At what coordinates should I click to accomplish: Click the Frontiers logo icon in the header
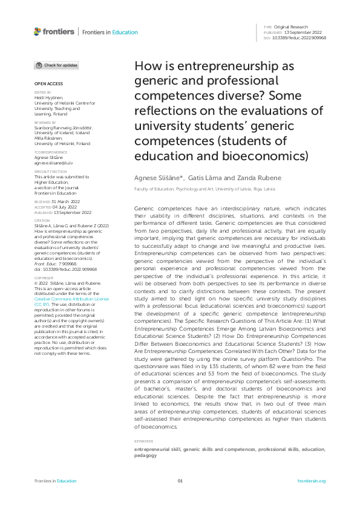click(38, 31)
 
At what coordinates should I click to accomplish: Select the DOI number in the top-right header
click(300, 37)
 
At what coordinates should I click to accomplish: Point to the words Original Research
click(292, 27)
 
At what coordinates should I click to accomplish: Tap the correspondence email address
click(53, 163)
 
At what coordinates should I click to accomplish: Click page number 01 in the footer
click(180, 481)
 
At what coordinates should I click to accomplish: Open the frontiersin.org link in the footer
click(312, 481)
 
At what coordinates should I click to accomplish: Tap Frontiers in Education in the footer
click(55, 481)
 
